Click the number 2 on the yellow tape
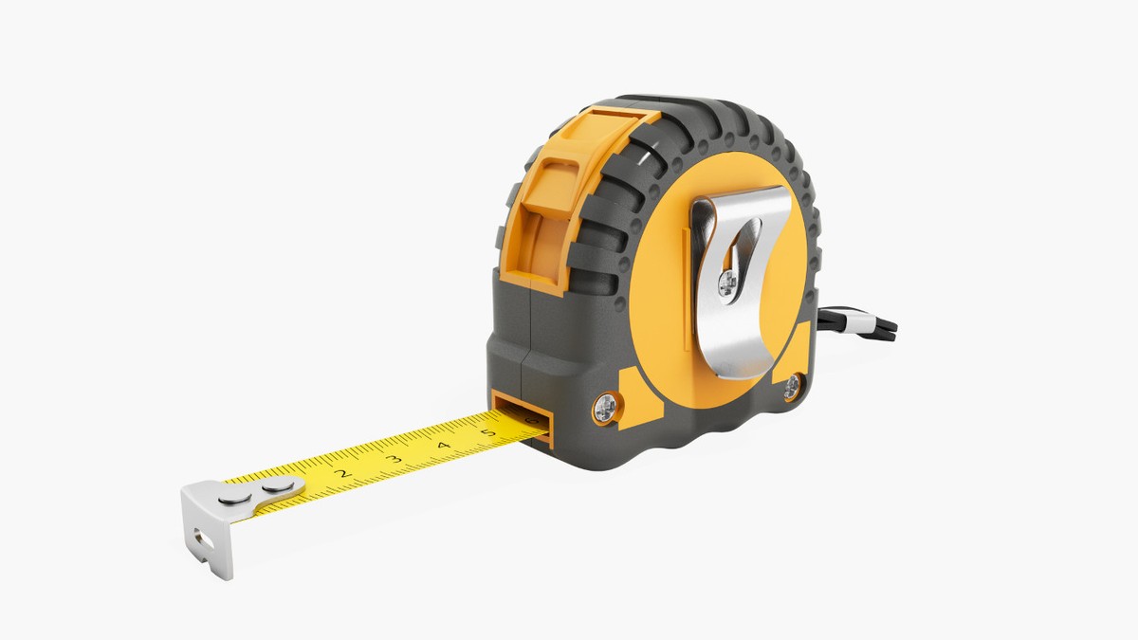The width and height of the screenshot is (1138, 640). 344,473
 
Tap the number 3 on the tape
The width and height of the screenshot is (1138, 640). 394,460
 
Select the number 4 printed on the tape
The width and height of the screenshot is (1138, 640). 444,446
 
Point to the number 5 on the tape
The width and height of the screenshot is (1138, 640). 488,432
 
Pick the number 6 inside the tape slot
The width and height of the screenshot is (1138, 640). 531,421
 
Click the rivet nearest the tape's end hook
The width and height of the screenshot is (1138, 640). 235,499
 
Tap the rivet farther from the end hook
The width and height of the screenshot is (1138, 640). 278,485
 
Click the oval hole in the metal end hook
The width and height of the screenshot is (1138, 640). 203,539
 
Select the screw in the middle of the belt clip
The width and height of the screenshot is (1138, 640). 728,283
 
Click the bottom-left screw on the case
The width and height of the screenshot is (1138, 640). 605,408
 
